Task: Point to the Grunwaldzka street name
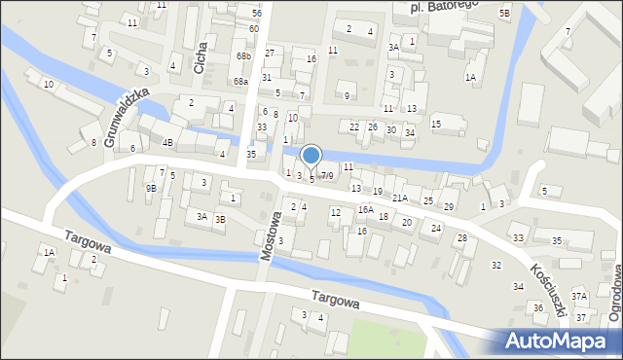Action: pos(127,117)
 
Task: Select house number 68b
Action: pos(242,56)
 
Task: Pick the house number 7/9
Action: pos(327,176)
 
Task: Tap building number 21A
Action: pos(400,198)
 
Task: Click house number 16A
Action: pos(365,209)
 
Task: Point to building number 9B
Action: pos(151,188)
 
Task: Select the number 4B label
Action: pos(167,143)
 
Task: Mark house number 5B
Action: pos(504,13)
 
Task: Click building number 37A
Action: pos(579,296)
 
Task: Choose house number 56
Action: pos(256,13)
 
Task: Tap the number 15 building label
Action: pos(436,124)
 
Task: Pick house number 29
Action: pos(449,207)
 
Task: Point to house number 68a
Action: pos(241,82)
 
